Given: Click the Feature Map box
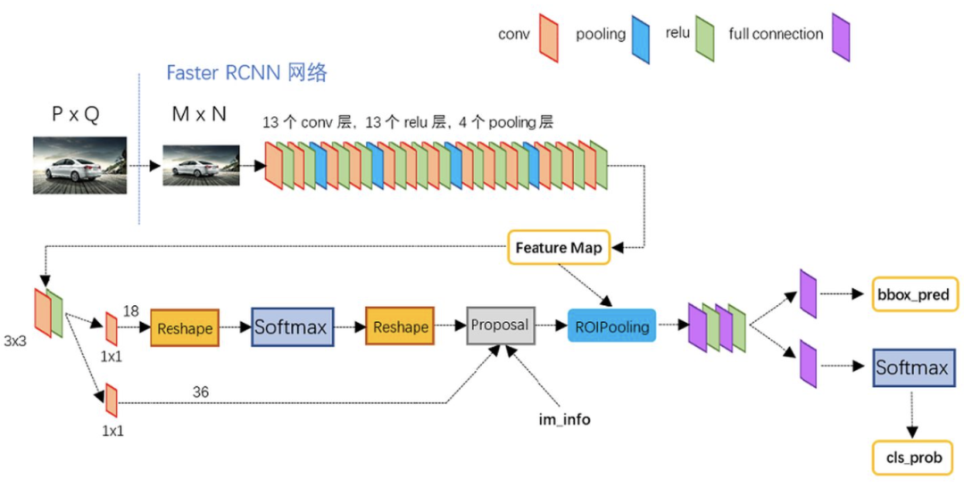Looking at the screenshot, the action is coord(559,247).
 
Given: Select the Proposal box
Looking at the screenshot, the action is coord(501,326).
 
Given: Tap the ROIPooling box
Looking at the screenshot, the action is coord(612,326).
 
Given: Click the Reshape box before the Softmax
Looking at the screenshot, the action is coord(185,328).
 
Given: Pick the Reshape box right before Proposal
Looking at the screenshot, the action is coord(400,326).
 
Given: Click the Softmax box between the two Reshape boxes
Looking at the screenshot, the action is coord(293,327).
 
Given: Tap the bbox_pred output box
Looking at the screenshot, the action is coord(916,294).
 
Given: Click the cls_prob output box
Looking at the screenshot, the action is coord(914,458).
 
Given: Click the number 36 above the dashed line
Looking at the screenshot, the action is coord(201,392).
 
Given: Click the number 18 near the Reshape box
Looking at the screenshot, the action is coord(131,311).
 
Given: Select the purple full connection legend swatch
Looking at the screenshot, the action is coord(841,37).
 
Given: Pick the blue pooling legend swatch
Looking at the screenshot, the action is coord(641,39).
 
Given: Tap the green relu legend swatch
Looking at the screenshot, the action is coord(704,38).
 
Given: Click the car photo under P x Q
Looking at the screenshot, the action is coord(80,166).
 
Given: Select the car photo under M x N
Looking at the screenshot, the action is coord(201,165).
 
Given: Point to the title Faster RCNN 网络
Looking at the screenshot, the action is coord(247,73).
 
